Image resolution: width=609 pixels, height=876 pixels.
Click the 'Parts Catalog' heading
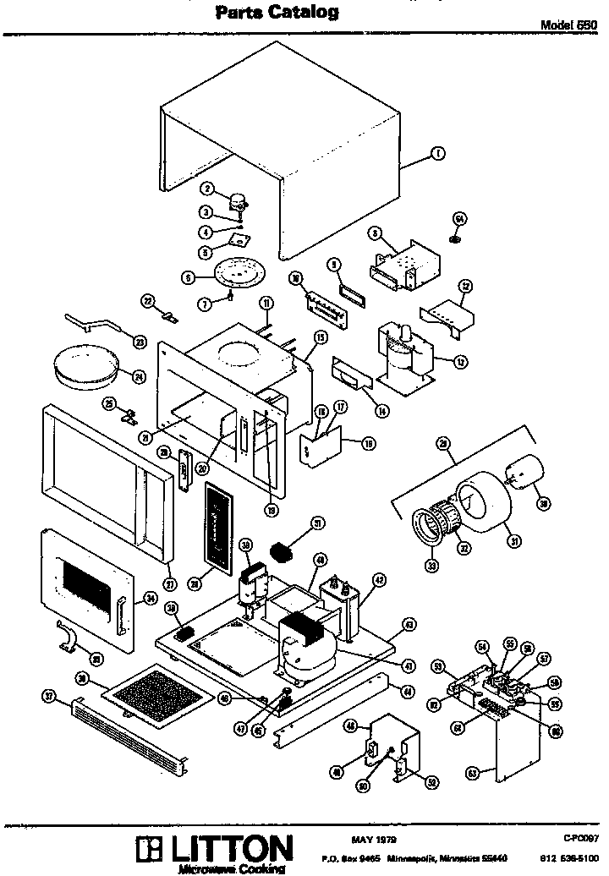(277, 12)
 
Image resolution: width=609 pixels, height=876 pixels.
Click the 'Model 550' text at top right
(569, 25)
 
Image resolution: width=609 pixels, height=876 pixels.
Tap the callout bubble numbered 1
(438, 153)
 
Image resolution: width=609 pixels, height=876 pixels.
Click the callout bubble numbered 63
(474, 771)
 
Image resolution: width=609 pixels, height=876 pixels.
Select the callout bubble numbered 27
(168, 583)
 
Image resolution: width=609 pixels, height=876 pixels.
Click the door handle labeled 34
(121, 610)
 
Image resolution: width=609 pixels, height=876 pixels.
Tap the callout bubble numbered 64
(460, 218)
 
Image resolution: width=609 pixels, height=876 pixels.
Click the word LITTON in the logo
(228, 847)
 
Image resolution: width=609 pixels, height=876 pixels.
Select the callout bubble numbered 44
(408, 691)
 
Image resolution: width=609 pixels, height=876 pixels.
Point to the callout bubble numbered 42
(380, 580)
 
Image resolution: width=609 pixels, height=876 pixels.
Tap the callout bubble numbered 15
(321, 337)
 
